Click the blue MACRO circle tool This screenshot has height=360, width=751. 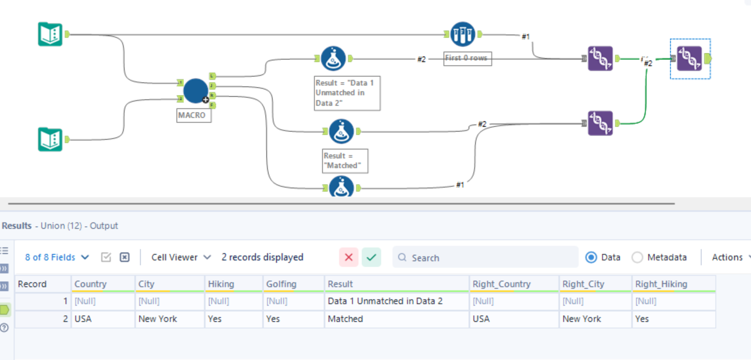click(x=195, y=91)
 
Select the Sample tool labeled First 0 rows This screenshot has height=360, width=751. click(x=463, y=34)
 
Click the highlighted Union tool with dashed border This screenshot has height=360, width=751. click(x=689, y=58)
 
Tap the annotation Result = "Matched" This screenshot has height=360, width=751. click(x=345, y=161)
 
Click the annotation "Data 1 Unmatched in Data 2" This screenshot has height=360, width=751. click(x=347, y=93)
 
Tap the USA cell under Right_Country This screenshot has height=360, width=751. click(x=481, y=319)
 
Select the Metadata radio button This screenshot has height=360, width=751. click(x=637, y=257)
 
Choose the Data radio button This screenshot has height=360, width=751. click(x=591, y=257)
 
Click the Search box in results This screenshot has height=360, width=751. click(x=486, y=257)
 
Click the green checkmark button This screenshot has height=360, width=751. click(x=371, y=257)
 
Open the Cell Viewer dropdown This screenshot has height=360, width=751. click(x=181, y=257)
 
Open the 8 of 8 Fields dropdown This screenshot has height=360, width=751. click(x=57, y=257)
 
